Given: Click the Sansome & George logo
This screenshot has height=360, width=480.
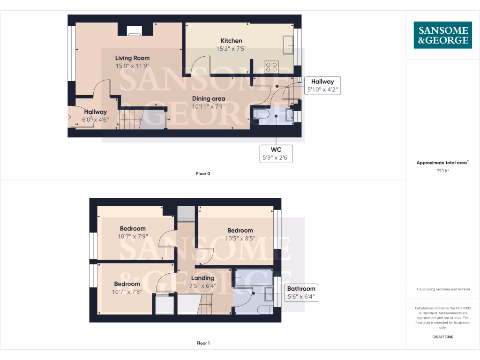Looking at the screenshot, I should coord(442,35).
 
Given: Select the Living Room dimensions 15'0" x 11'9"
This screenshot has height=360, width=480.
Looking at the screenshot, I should coord(132,66).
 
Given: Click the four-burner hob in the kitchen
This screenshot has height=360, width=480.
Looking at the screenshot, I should coord(271,66).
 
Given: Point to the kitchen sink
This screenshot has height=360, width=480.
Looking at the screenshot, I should coord(287,44).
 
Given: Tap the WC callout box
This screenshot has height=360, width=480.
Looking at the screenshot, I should coord(277,153).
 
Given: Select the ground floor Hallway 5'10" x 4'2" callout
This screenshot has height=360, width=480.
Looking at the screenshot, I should coord(322,86).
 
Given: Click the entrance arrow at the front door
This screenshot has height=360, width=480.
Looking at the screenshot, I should coord(69,116).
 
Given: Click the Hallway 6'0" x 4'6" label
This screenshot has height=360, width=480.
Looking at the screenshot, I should coord(96,115).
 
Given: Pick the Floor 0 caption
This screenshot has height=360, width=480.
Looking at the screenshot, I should coord(203,173).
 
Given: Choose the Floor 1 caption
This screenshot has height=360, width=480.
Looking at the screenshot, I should coord(203,343).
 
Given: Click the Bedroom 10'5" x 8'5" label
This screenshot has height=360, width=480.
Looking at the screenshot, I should coord(240,234).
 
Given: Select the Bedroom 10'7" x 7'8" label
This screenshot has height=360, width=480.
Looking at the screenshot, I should coord(127,288).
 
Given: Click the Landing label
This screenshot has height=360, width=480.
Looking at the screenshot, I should coord(202,281).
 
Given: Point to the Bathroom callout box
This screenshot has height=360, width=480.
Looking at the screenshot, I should coord(301,292).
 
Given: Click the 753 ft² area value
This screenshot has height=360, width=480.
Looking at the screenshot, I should coord(442,171).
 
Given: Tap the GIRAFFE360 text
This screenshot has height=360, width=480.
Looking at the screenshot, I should coord(442,337).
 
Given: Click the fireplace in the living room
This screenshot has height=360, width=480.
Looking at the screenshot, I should coord(134,30).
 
